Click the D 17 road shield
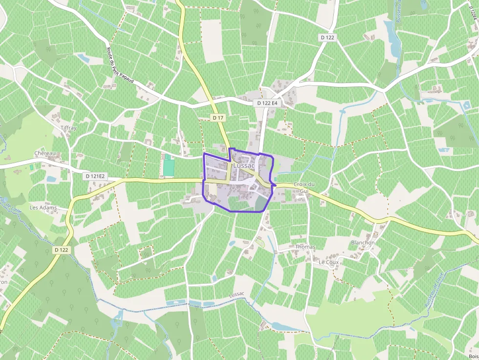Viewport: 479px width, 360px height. (x=218, y=118)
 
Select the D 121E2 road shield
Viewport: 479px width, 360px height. (x=95, y=176)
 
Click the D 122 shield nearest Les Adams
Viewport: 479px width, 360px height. (x=61, y=250)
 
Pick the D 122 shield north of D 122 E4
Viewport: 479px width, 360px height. (x=327, y=38)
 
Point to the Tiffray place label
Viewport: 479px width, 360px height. (x=68, y=128)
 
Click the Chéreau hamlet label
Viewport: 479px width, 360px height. (x=44, y=153)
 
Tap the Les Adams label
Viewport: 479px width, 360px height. (x=43, y=208)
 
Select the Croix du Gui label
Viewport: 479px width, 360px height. (x=304, y=188)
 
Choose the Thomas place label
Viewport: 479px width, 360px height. (x=305, y=247)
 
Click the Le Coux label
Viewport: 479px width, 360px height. (x=328, y=262)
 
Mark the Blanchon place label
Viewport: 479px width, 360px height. (x=363, y=243)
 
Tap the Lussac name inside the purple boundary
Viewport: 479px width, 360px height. (x=244, y=166)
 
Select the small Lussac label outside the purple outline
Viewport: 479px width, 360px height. (x=237, y=294)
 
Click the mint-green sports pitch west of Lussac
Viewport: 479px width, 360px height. (x=168, y=166)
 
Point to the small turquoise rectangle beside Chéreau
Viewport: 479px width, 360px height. (x=32, y=167)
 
